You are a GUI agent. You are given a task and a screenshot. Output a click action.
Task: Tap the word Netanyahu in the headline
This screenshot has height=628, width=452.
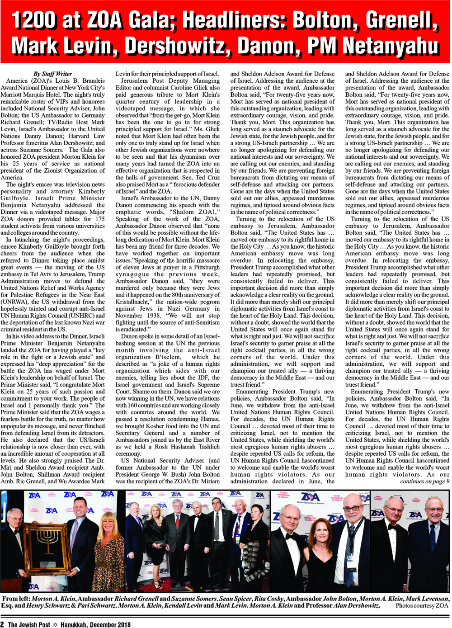(390, 46)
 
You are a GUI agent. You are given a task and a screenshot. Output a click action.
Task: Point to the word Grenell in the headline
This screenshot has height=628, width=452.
(401, 20)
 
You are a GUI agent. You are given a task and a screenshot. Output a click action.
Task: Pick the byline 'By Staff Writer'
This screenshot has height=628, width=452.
(52, 74)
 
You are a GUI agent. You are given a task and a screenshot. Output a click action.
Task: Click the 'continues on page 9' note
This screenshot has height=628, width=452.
(424, 481)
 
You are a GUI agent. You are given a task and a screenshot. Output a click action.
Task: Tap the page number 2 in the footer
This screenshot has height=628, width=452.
(3, 624)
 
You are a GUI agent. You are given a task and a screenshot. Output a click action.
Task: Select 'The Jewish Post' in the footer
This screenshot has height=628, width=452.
(29, 624)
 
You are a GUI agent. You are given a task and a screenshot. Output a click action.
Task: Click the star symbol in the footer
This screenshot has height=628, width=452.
(56, 624)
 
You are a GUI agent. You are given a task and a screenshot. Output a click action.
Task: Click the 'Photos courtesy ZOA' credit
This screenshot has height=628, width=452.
(422, 605)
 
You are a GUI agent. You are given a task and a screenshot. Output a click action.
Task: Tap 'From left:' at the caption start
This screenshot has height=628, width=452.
(16, 599)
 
